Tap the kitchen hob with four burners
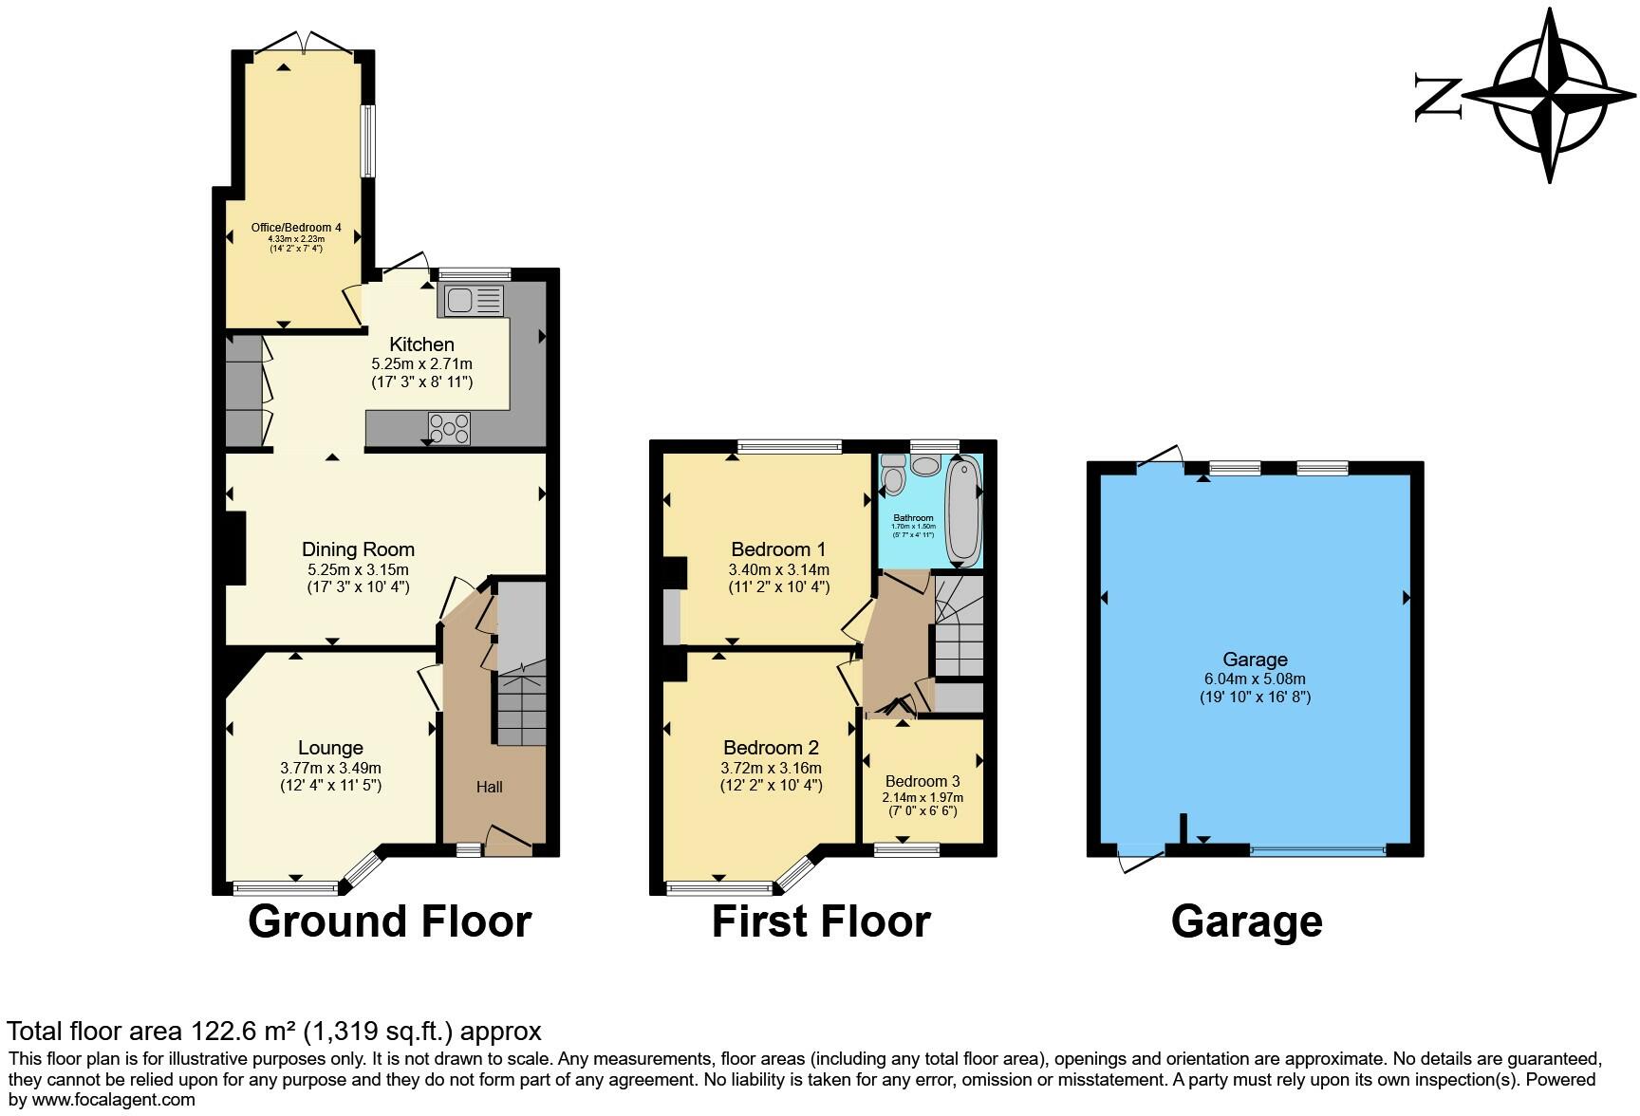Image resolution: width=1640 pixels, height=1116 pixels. coord(449,427)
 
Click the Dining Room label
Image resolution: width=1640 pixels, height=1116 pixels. coord(358,549)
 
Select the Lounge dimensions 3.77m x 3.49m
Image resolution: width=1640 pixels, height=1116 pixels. coord(330,768)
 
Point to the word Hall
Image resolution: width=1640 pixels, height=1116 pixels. coord(490,787)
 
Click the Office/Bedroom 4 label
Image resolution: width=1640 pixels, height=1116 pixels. coord(296,228)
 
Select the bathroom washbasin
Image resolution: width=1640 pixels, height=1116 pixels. coord(924,465)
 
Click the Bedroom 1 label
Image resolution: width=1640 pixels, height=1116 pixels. coord(778,549)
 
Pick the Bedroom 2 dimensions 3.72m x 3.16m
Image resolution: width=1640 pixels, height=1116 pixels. coord(771,768)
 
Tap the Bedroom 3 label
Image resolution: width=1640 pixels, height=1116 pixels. coord(922,781)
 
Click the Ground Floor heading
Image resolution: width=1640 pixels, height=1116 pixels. coord(389,921)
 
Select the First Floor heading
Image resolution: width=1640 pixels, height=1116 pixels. coord(821,921)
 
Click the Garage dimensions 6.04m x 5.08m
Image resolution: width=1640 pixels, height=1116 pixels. coord(1255,679)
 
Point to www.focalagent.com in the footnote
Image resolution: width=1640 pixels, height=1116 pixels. coord(116,1100)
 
